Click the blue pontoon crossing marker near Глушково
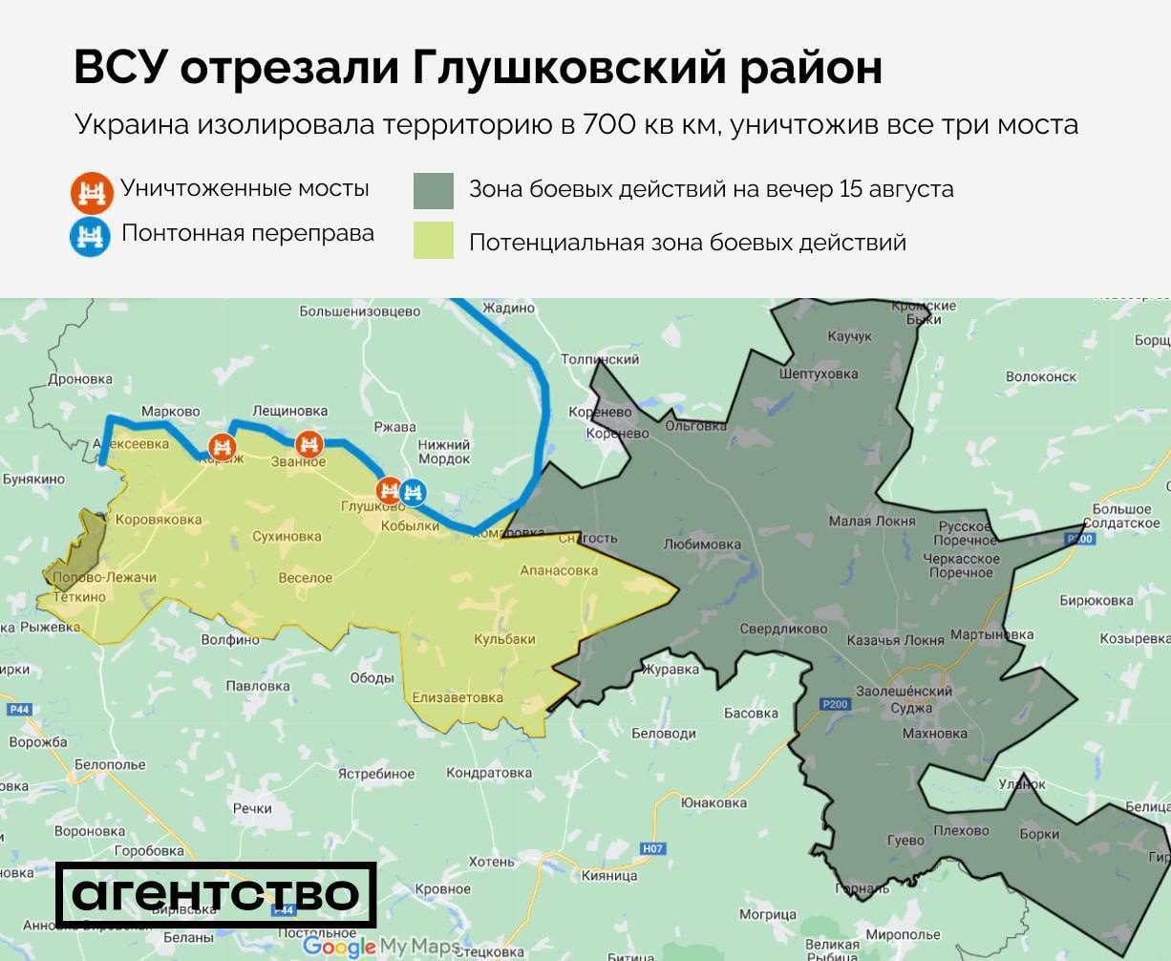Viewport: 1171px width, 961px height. pyautogui.click(x=413, y=491)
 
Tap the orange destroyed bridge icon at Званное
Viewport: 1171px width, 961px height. pyautogui.click(x=309, y=444)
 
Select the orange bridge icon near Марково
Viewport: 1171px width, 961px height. pyautogui.click(x=222, y=445)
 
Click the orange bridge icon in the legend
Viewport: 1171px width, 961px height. pyautogui.click(x=91, y=191)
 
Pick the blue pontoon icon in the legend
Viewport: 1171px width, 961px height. pyautogui.click(x=91, y=235)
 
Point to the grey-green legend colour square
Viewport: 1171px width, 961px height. pyautogui.click(x=433, y=190)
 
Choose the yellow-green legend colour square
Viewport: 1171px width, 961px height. pyautogui.click(x=433, y=241)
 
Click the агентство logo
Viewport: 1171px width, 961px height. pyautogui.click(x=216, y=894)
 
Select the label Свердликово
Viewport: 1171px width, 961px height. pyautogui.click(x=783, y=630)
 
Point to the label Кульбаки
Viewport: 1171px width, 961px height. pyautogui.click(x=505, y=639)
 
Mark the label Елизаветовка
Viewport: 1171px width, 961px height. pyautogui.click(x=458, y=697)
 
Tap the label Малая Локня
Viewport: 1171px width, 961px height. pyautogui.click(x=871, y=522)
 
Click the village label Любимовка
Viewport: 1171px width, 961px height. pyautogui.click(x=702, y=545)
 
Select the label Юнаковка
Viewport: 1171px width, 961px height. pyautogui.click(x=713, y=802)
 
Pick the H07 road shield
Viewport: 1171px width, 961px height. pyautogui.click(x=653, y=848)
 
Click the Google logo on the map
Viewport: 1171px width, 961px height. pyautogui.click(x=339, y=947)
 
